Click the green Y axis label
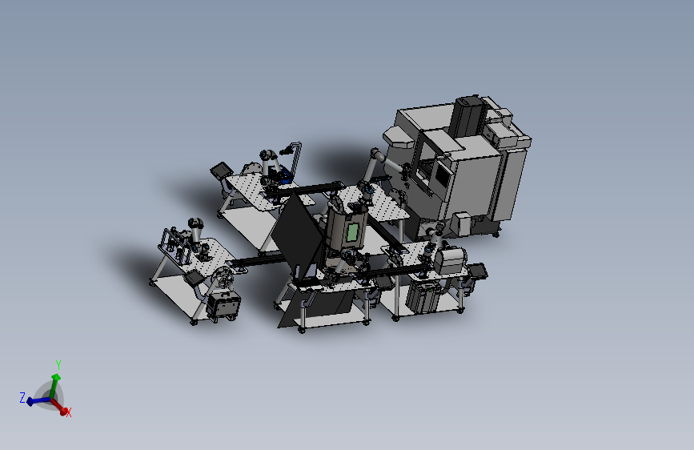(58, 364)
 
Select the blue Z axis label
(22, 397)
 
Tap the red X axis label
(69, 413)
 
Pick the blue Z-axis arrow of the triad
(38, 401)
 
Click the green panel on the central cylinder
(353, 232)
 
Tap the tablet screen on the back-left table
(222, 170)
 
